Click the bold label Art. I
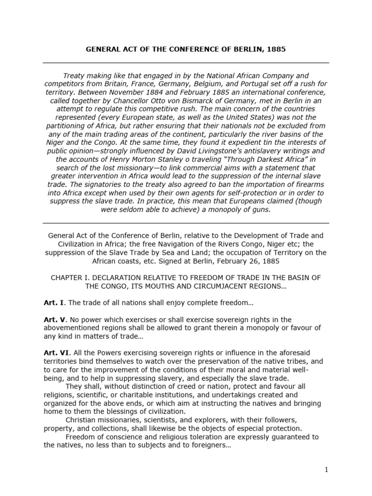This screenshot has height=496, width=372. (53, 303)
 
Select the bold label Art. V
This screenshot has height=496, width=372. (54, 320)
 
